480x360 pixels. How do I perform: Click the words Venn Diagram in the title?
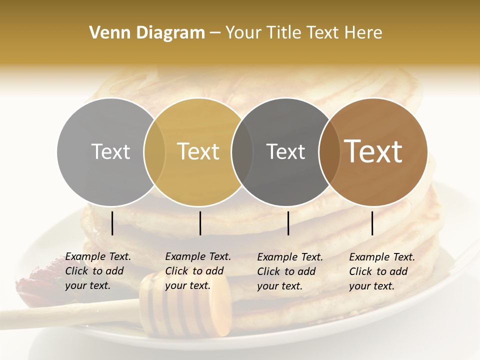tap(147, 33)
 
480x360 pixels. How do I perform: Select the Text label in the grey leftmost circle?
tap(110, 151)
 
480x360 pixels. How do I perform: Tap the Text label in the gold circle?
tap(198, 151)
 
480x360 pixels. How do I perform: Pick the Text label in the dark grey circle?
tap(285, 151)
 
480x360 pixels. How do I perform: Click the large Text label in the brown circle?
tap(373, 151)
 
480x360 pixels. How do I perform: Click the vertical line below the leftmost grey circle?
tap(112, 223)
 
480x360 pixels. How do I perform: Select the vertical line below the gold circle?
tap(200, 223)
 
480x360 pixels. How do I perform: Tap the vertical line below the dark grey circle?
tap(288, 223)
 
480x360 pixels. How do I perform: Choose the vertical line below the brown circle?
tap(372, 223)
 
